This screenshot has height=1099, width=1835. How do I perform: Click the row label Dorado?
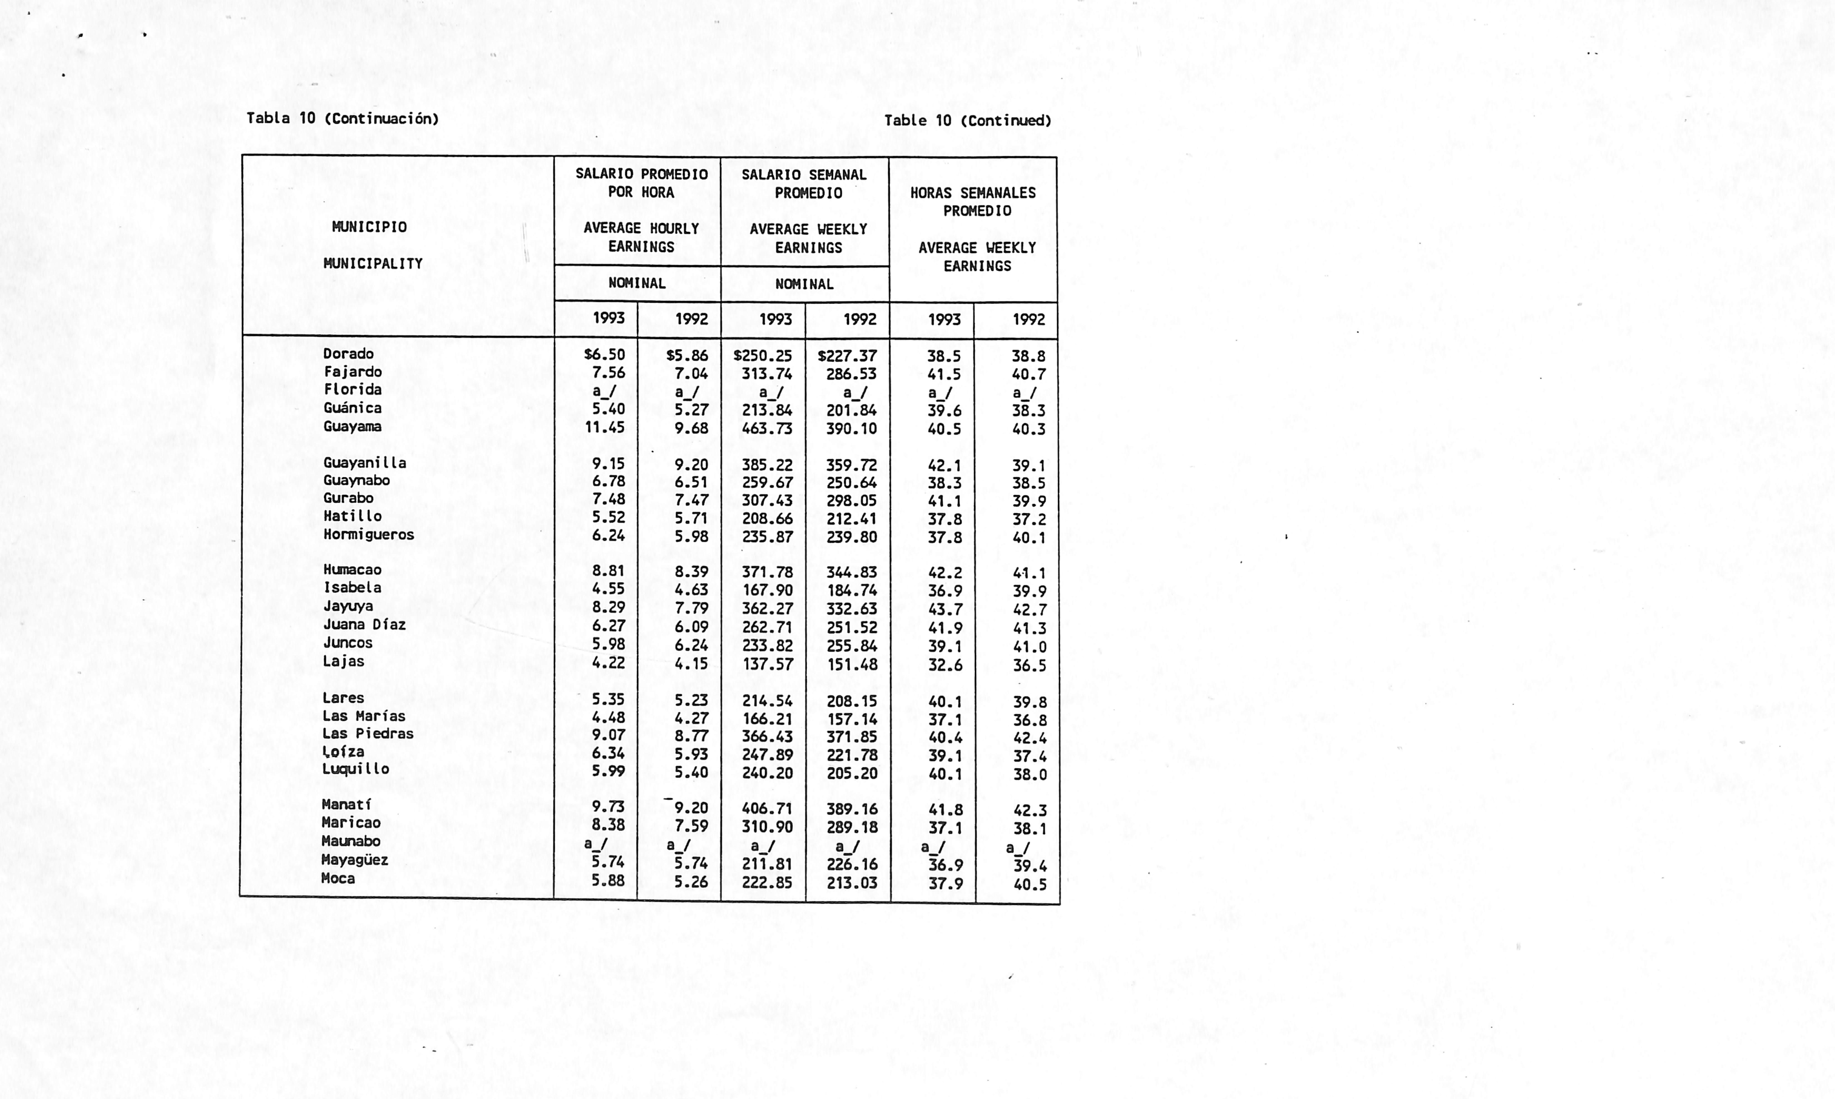point(348,354)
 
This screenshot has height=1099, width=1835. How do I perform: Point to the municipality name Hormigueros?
point(368,535)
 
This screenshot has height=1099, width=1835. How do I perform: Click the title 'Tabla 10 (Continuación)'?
point(342,119)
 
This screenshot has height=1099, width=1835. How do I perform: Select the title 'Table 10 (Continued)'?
point(967,121)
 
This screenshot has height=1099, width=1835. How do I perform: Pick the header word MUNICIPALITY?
point(373,264)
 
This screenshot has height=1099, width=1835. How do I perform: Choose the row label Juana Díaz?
point(364,624)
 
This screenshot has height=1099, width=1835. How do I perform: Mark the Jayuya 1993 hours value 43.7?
point(944,609)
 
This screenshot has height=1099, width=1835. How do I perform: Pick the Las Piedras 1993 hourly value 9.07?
point(608,735)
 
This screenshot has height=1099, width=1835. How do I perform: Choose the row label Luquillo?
point(356,769)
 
